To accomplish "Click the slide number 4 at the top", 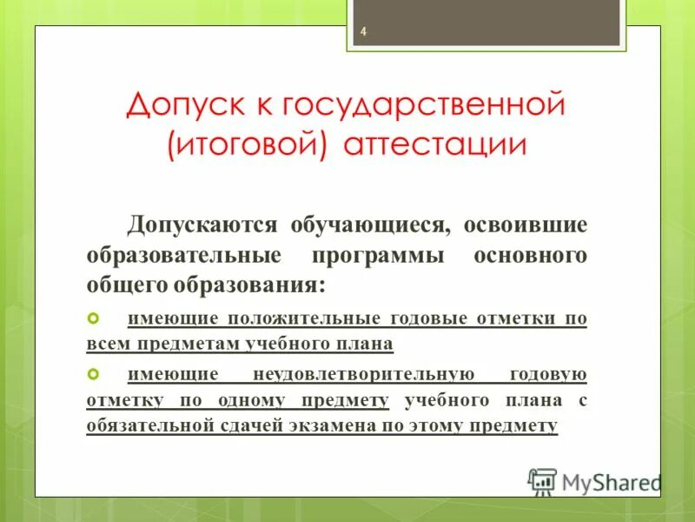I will (x=364, y=33).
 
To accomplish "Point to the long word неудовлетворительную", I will (x=363, y=375).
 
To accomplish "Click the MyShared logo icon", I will (x=542, y=481).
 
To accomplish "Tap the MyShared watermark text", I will (x=612, y=482).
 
